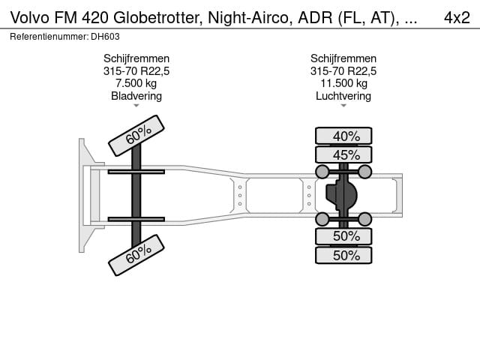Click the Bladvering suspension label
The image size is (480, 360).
pos(136,96)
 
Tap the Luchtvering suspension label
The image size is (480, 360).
pos(343,96)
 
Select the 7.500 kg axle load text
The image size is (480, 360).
pos(136,83)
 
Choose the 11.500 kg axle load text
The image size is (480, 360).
pos(343,83)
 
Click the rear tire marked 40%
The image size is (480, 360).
pos(343,136)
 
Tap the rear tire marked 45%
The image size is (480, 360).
pos(343,155)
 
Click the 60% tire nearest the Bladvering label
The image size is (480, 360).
pos(136,134)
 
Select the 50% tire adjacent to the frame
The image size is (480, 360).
pos(343,235)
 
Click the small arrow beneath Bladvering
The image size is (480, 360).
pos(136,106)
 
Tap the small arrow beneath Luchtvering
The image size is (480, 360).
pos(343,106)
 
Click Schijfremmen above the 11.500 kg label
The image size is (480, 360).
pos(343,58)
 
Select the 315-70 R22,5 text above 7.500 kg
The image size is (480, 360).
pos(136,71)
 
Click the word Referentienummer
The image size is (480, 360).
pos(49,36)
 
